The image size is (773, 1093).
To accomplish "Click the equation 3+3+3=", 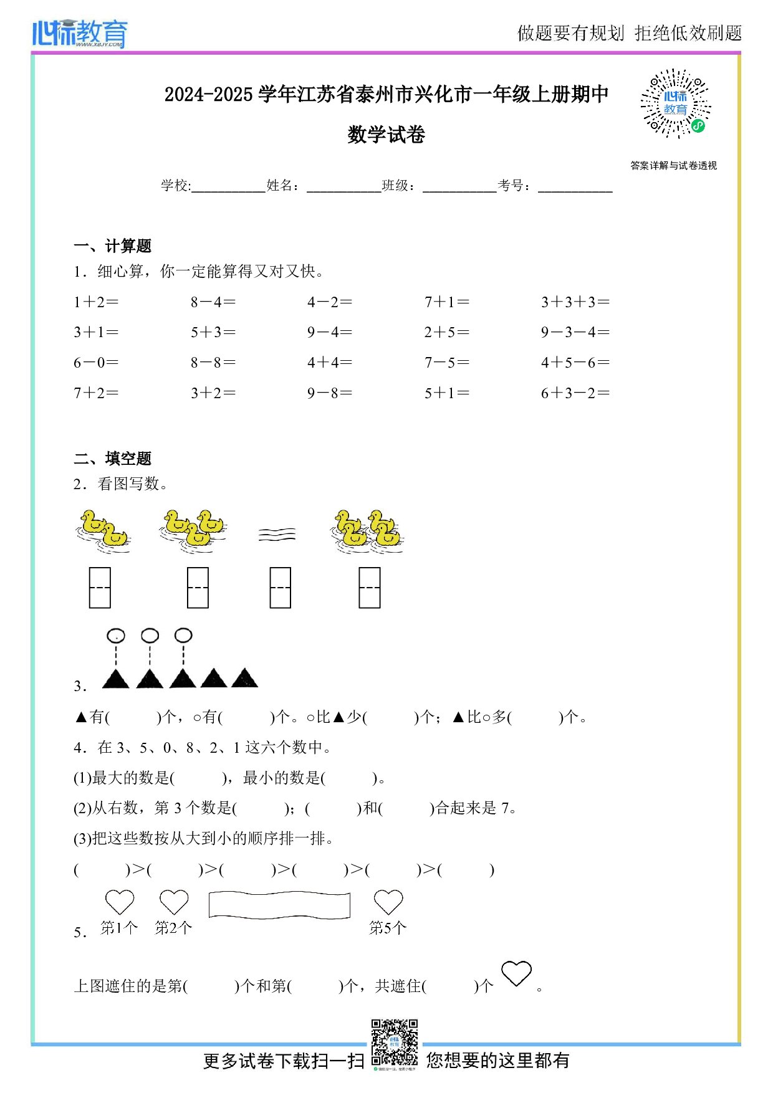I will tap(575, 302).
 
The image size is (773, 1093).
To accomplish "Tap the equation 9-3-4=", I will tap(575, 332).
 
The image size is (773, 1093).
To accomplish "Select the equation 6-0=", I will tap(96, 363).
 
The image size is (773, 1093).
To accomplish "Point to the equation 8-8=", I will tap(213, 363).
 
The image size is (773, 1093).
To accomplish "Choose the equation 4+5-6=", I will tap(575, 363).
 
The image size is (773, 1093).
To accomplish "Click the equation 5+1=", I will tap(447, 393).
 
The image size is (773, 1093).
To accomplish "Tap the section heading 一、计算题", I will tap(112, 246).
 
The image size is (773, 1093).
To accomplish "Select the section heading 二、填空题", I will tap(112, 459).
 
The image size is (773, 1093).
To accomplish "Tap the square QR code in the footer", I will tap(395, 1043).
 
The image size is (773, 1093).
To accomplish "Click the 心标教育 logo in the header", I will tap(80, 33).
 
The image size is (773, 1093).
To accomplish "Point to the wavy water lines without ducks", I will tap(277, 535).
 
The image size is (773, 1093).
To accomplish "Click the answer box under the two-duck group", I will tap(100, 587).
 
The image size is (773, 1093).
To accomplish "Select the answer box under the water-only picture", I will tap(281, 587).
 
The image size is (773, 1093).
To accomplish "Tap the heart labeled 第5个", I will tap(388, 902).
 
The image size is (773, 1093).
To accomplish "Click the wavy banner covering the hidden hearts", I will tap(279, 905).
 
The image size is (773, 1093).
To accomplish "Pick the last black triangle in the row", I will tap(244, 679).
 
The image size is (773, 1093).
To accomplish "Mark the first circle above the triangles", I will tap(116, 636).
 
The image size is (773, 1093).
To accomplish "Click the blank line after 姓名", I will tap(343, 187).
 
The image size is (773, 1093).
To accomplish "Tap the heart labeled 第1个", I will tap(120, 902).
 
